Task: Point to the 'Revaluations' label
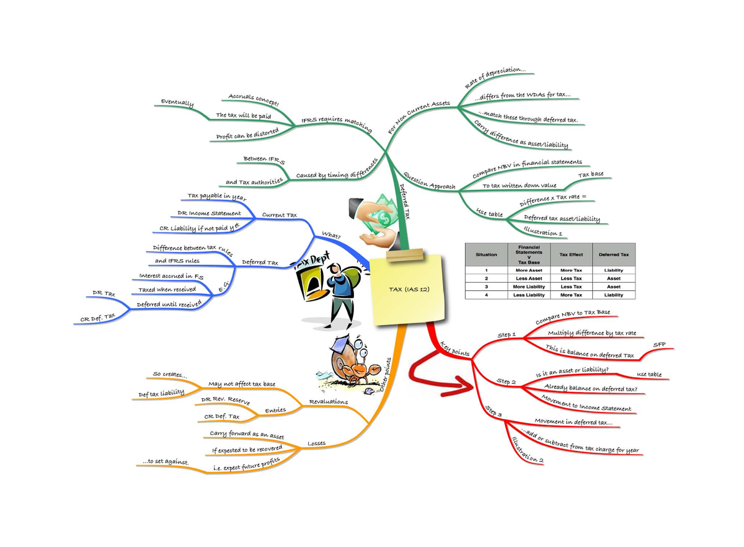[x=328, y=402]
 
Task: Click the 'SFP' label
[x=659, y=344]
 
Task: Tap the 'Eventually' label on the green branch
[x=177, y=103]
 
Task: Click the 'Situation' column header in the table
[x=487, y=254]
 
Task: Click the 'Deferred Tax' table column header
[x=614, y=254]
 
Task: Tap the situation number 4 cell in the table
[x=487, y=295]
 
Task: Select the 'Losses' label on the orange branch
[x=316, y=443]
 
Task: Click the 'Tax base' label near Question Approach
[x=591, y=175]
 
